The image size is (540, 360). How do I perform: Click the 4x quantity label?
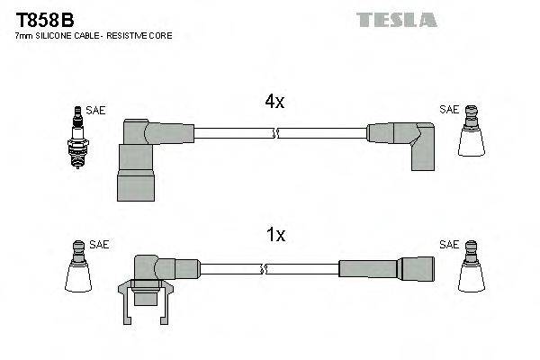(x=274, y=102)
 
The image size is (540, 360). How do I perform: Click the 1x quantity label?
(x=274, y=235)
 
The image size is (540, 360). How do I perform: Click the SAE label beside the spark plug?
(x=96, y=110)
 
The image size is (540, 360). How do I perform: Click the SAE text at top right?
(x=448, y=110)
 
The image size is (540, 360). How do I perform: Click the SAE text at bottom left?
(x=99, y=244)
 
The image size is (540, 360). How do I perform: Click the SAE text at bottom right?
(x=448, y=244)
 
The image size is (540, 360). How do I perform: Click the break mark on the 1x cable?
(x=263, y=267)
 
